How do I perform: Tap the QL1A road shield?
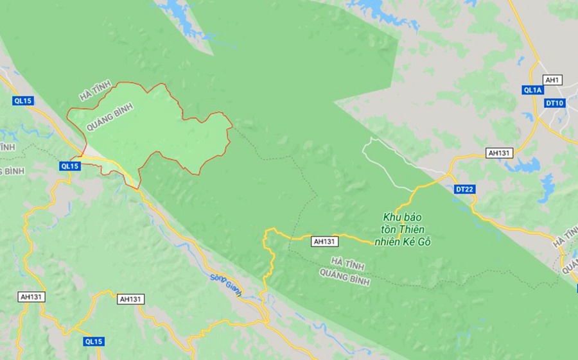pos(533,90)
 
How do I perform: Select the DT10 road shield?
pos(554,103)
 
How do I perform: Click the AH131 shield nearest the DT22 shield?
pos(499,153)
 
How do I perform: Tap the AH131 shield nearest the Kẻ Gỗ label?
pos(324,242)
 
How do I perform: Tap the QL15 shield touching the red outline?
pos(69,166)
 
